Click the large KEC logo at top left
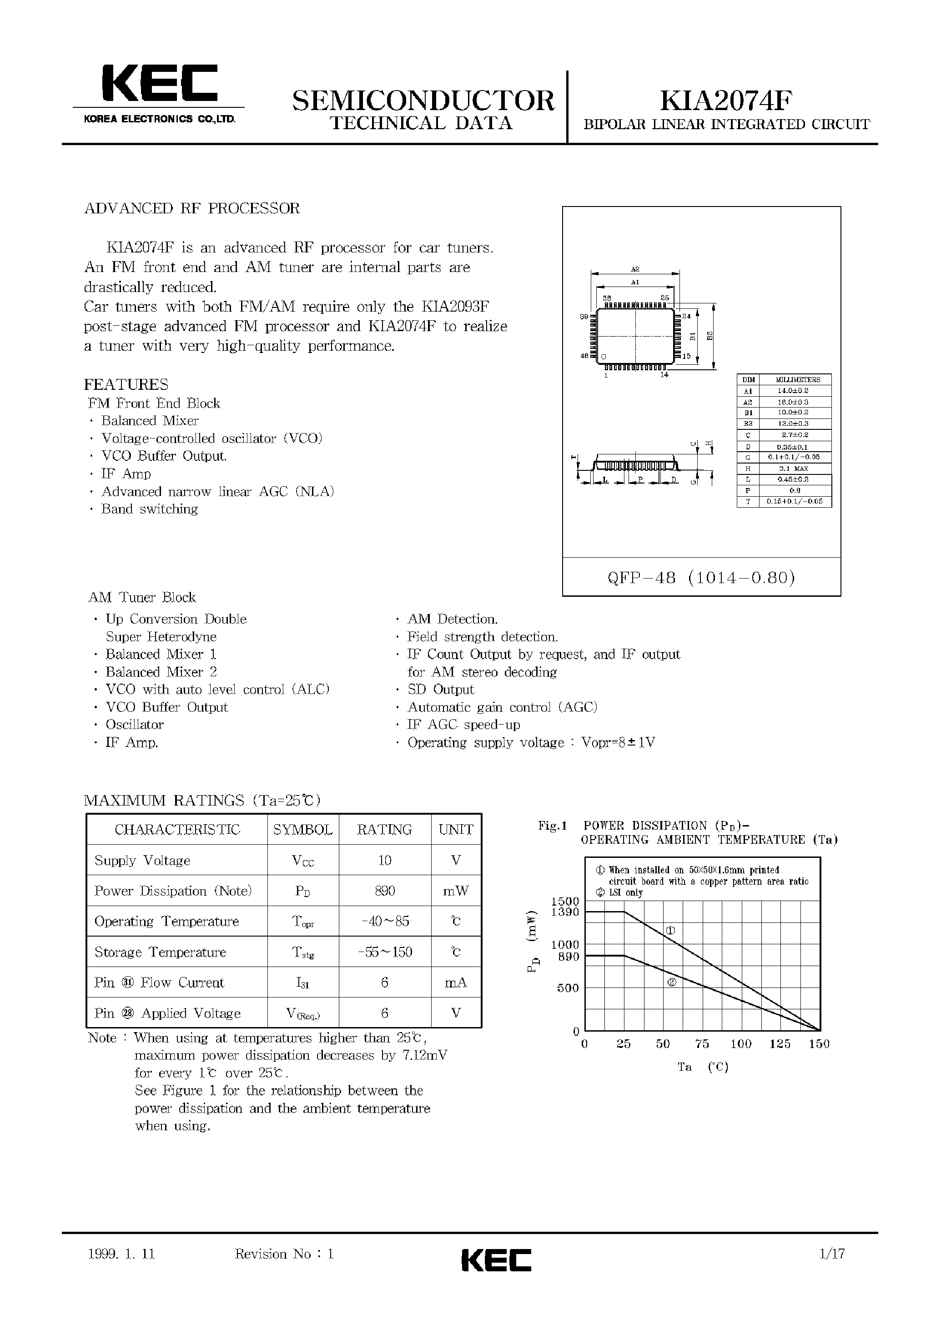click(x=159, y=85)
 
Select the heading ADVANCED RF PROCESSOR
click(x=192, y=209)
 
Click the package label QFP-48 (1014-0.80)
click(x=701, y=577)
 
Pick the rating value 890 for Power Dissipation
click(x=385, y=891)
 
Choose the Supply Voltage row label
click(x=142, y=861)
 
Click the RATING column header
click(x=384, y=829)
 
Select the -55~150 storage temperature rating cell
click(x=385, y=952)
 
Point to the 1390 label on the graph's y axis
click(x=565, y=912)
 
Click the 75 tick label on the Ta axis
click(x=702, y=1044)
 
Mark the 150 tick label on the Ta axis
click(x=819, y=1044)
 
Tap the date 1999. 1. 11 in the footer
click(x=122, y=1254)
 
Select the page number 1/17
click(x=832, y=1254)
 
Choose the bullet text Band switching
click(x=150, y=509)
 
